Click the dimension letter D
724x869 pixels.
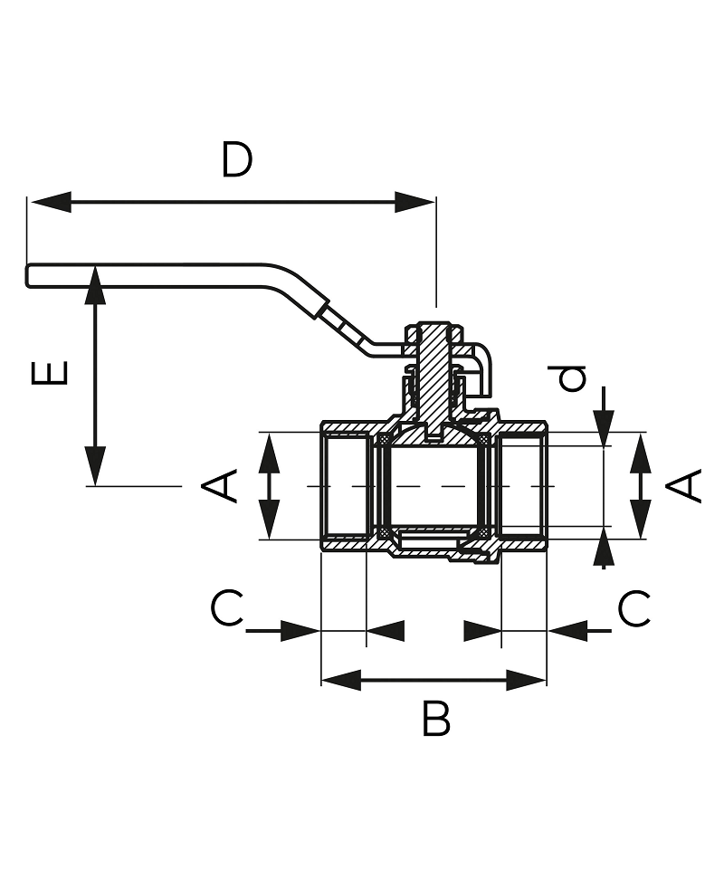pos(237,160)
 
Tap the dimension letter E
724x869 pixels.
pos(50,372)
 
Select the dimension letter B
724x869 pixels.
pos(436,718)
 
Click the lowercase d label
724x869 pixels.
pos(572,378)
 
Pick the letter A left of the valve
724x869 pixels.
pos(219,486)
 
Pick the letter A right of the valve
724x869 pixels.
pos(683,486)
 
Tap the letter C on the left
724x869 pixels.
pos(226,608)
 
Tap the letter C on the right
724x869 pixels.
pos(634,608)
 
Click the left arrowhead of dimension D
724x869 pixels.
pos(51,202)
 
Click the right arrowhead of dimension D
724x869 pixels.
pos(414,202)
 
